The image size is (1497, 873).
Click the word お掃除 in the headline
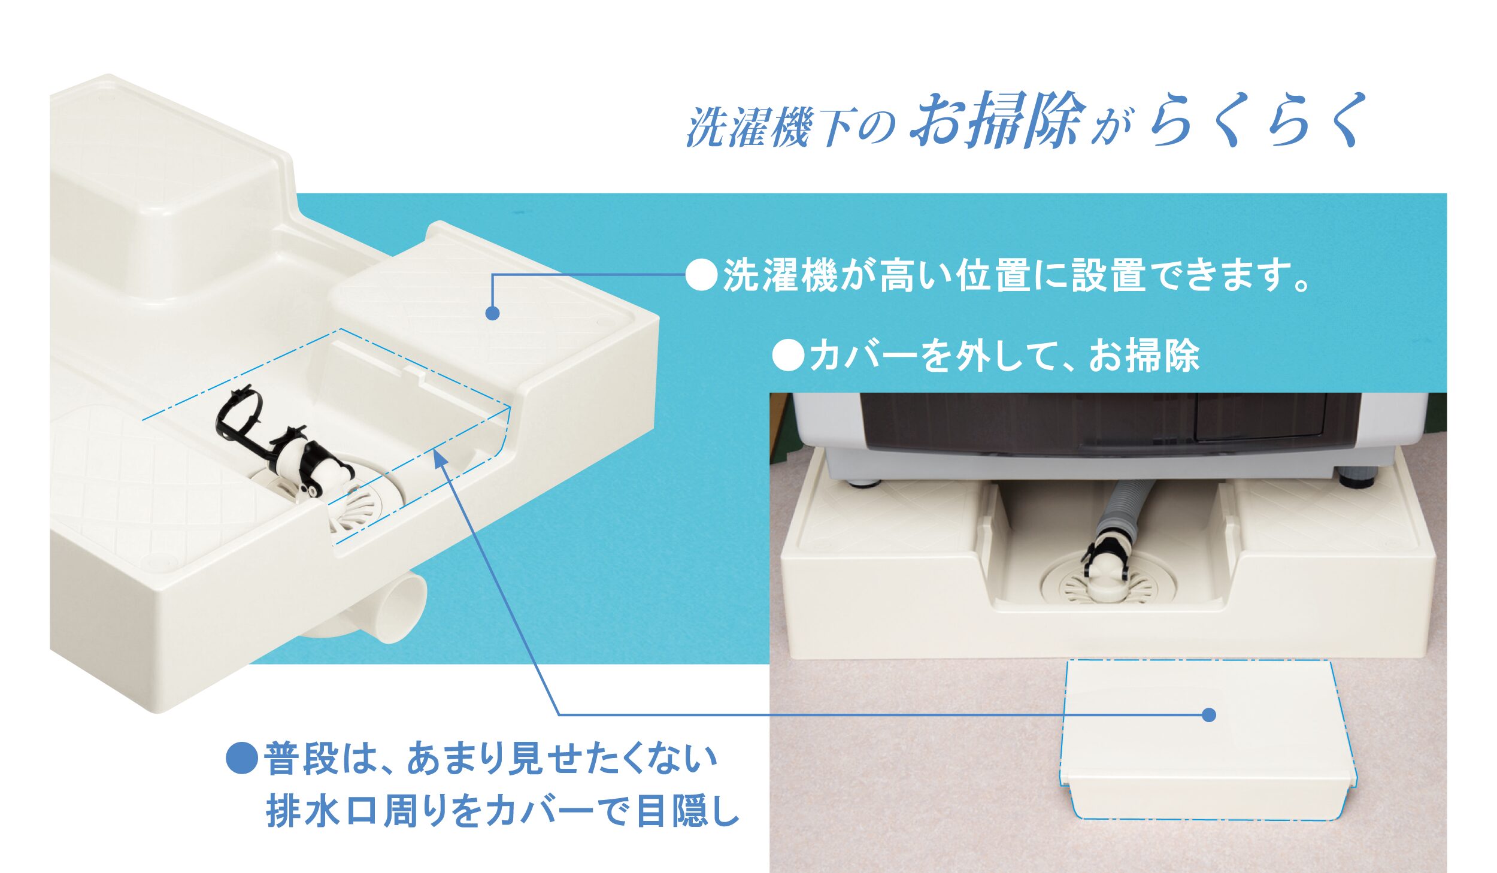tap(997, 120)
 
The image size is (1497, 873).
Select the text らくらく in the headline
tap(1257, 119)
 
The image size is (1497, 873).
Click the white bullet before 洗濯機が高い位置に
tap(701, 275)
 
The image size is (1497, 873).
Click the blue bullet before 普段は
tap(242, 757)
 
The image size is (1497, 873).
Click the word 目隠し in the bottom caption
tap(688, 811)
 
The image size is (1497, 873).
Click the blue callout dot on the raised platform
tap(492, 313)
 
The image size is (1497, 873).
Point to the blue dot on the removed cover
tap(1209, 715)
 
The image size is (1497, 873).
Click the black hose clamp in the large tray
tap(278, 443)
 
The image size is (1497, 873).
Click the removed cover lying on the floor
tap(1208, 740)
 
